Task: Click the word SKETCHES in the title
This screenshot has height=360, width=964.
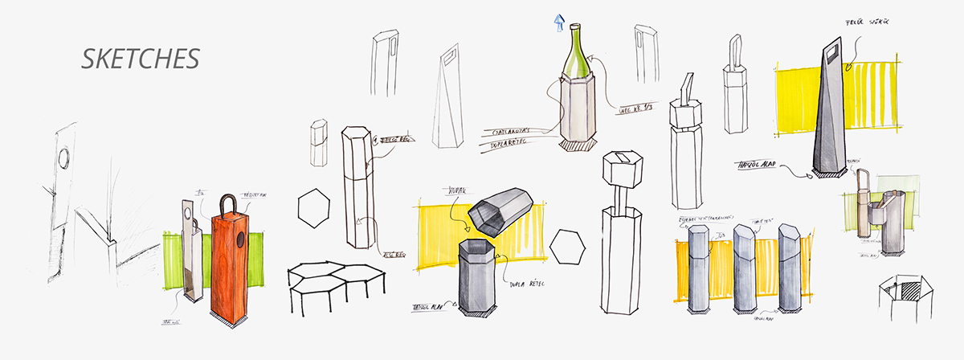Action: [141, 59]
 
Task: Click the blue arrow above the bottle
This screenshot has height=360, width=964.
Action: [558, 22]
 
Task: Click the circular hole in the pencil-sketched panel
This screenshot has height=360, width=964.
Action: [64, 155]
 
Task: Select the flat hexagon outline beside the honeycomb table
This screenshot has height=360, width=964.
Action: [314, 208]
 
